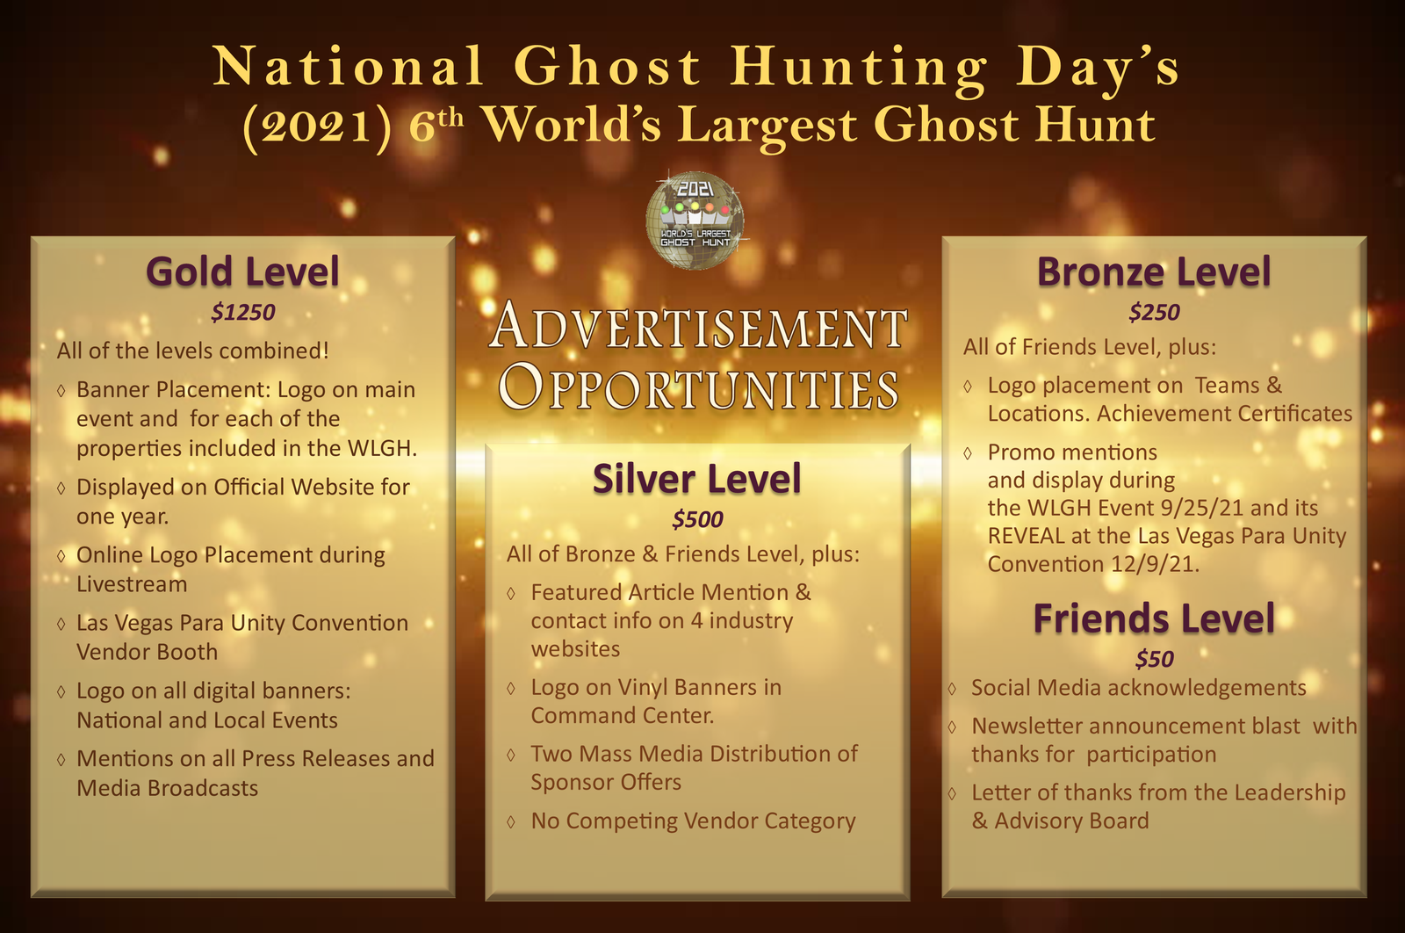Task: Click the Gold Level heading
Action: coord(242,272)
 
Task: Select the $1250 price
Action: coord(242,312)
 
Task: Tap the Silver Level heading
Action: coord(697,480)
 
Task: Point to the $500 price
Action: coord(697,519)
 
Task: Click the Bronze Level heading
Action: coord(1154,272)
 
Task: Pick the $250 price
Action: coord(1154,312)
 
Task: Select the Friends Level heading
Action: coord(1154,618)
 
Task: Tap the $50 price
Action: coord(1154,659)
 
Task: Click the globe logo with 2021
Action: coord(695,221)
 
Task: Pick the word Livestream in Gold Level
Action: coord(132,584)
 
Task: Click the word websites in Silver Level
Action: coord(575,648)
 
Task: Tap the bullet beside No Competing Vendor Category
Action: coord(511,821)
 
